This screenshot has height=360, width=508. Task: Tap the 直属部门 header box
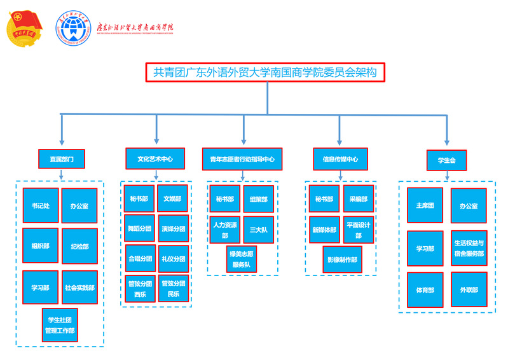[62, 158]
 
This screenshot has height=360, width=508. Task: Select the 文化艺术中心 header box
[155, 158]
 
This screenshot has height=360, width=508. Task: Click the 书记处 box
[41, 205]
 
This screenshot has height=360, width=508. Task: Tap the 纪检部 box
[79, 246]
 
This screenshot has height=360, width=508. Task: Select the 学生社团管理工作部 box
[60, 325]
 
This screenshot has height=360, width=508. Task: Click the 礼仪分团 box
[174, 258]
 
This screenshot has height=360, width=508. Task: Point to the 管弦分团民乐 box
[174, 289]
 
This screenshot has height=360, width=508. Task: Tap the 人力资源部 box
[224, 230]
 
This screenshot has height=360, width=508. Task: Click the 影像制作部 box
[342, 260]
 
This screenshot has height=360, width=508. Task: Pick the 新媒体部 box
[324, 230]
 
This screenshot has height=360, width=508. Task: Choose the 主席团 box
[425, 205]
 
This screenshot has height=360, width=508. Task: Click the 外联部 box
[469, 289]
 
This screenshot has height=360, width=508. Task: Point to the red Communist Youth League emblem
[24, 29]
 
